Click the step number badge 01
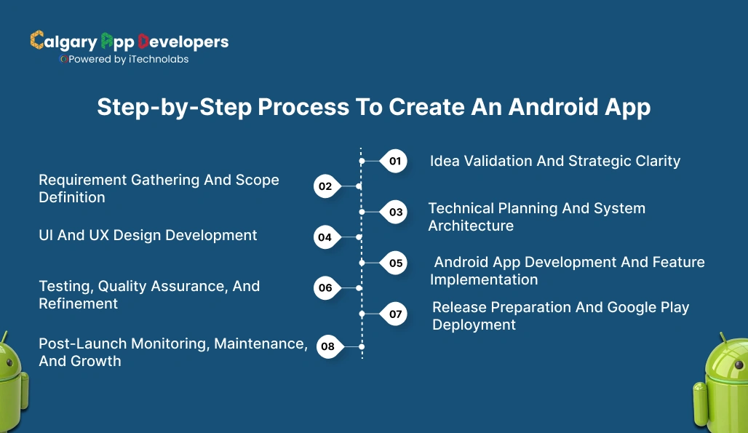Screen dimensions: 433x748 (x=394, y=161)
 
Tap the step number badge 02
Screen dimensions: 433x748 (x=325, y=186)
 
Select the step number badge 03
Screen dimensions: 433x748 (x=395, y=212)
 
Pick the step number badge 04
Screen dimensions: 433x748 (x=325, y=237)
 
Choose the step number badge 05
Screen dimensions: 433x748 (x=395, y=263)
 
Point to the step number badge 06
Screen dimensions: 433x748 (x=325, y=287)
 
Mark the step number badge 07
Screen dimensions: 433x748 (x=395, y=314)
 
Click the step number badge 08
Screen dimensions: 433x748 (x=327, y=346)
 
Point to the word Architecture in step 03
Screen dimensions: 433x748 (x=470, y=226)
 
